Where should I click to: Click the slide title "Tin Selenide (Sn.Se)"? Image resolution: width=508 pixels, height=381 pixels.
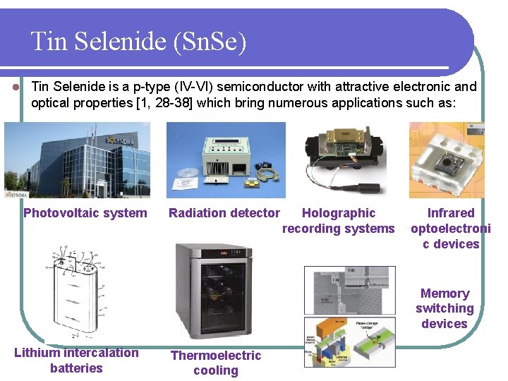[x=139, y=42]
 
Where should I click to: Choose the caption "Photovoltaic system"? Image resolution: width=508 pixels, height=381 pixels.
[x=85, y=213]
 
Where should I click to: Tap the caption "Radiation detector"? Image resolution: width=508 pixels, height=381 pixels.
[x=224, y=213]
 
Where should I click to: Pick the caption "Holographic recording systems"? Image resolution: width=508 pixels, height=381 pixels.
[x=339, y=221]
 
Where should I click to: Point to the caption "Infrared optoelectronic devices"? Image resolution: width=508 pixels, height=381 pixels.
[x=451, y=229]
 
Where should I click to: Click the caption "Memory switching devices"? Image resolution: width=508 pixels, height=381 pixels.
[x=445, y=308]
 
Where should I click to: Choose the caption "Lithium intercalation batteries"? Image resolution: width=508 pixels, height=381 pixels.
[x=76, y=360]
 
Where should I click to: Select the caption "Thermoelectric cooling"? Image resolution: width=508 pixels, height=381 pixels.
[x=216, y=363]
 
